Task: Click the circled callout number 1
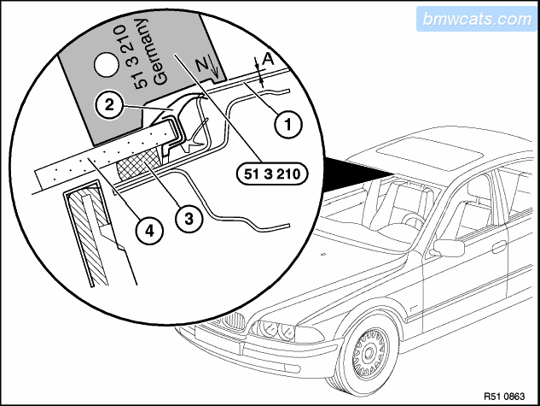pos(287,125)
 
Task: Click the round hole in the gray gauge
pos(107,63)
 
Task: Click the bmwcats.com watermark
pos(476,18)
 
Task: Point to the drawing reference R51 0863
pos(507,395)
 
